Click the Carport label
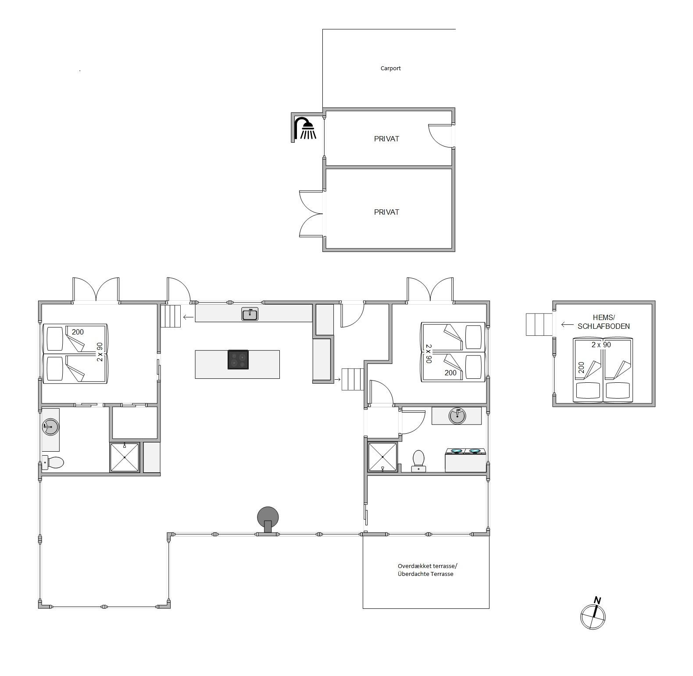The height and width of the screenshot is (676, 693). (390, 68)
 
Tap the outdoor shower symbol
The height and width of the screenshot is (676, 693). (305, 128)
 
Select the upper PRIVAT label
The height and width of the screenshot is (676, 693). (386, 139)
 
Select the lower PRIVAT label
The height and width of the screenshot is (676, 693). (386, 212)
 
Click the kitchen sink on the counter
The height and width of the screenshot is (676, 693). (250, 314)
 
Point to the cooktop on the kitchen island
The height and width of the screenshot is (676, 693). (238, 360)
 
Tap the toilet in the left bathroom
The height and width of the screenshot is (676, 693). (53, 462)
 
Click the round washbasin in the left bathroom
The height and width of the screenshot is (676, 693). (50, 427)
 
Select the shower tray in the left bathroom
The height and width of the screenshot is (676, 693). (125, 457)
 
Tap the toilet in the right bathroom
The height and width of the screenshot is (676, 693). (418, 460)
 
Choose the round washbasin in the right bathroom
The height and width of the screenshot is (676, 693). (457, 416)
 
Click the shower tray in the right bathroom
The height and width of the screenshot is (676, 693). (382, 457)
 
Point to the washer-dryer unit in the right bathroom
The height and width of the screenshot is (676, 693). (465, 460)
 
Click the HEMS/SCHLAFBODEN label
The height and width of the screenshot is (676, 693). (604, 322)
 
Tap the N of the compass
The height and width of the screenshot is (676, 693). (597, 600)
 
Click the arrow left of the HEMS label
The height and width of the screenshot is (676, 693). (567, 325)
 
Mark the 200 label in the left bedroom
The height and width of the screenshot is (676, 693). (78, 332)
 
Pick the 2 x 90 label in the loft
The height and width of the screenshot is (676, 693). (601, 345)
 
